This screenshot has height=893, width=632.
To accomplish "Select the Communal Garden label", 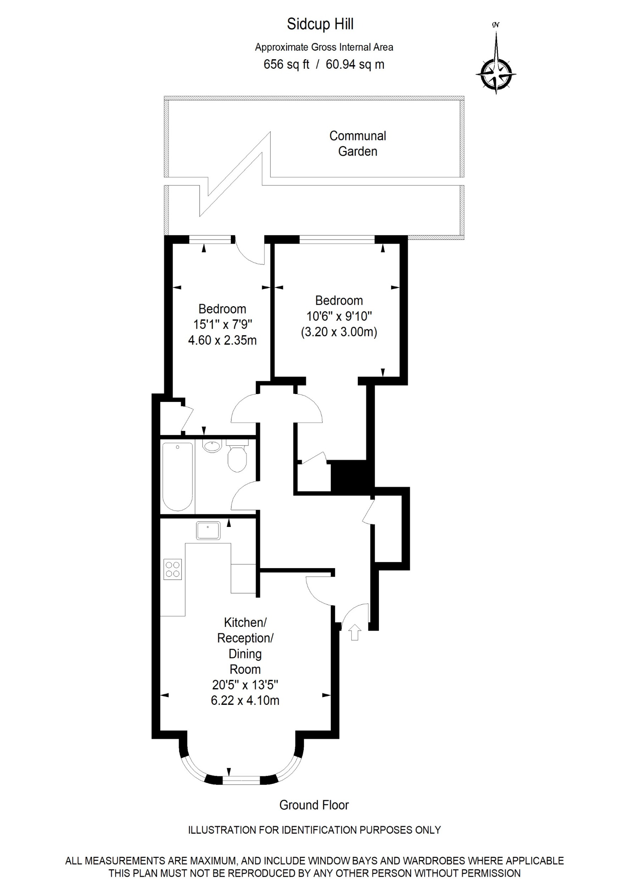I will tap(357, 144).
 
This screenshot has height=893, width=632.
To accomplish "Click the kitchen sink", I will tap(208, 530).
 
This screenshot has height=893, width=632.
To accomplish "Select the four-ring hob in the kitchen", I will tap(172, 569).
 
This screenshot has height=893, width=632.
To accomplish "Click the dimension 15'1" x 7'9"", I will tap(223, 324).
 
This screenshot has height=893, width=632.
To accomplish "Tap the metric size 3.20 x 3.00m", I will tap(339, 332).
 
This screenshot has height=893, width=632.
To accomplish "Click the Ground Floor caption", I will tap(314, 805).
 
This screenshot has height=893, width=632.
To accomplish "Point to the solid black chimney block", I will tap(349, 477).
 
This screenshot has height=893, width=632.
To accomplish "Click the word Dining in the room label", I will tap(245, 654).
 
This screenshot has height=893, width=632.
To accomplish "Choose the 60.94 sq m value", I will tap(354, 64).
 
